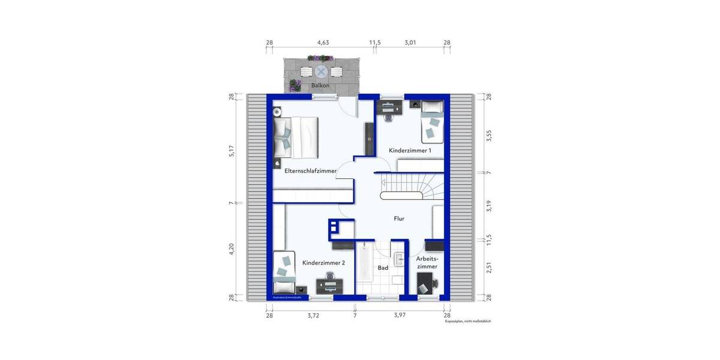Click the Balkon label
pos(320,86)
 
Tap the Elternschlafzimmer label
pos(310,171)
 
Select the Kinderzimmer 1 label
pos(410,151)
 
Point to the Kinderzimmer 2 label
pos(324,263)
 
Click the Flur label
pos(399,219)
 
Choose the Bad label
pos(383,268)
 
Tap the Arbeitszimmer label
pos(427,262)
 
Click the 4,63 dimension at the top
pos(323,43)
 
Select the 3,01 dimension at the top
pos(410,43)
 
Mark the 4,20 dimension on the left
pos(231,249)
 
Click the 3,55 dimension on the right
pos(489,136)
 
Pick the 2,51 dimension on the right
pos(489,268)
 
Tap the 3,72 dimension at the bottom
pos(313,315)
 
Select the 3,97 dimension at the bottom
pos(400,315)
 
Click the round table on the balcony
pos(322,72)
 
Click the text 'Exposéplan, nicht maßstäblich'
pos(468,322)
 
